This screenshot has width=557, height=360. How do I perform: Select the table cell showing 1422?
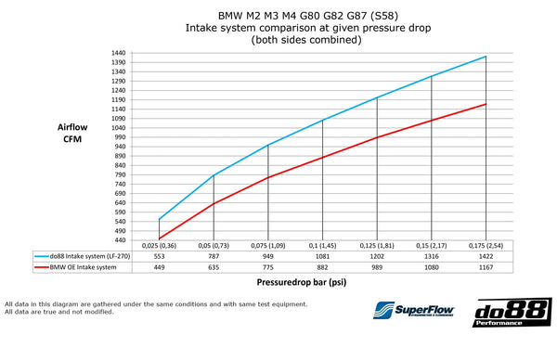(x=486, y=253)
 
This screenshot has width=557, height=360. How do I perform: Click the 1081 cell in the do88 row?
(x=322, y=253)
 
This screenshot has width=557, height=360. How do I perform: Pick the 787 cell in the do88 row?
(x=214, y=253)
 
